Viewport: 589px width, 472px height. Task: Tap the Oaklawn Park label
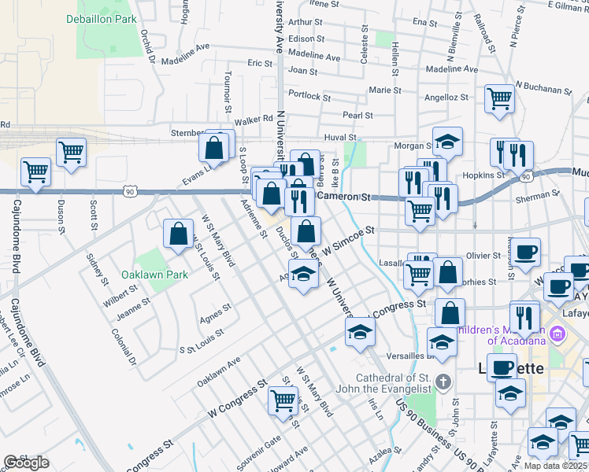(x=155, y=275)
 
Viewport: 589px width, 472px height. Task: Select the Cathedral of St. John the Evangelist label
(x=388, y=383)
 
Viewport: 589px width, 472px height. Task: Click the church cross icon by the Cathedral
(x=443, y=383)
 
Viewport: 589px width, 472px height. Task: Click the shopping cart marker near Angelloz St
(x=499, y=99)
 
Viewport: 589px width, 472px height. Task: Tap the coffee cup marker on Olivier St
(x=526, y=252)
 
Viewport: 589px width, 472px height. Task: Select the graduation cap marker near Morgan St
(x=447, y=142)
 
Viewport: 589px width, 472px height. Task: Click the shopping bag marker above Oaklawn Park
(x=178, y=233)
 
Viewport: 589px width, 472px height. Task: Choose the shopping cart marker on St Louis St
(x=283, y=400)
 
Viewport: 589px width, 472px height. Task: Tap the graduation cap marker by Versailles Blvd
(x=442, y=342)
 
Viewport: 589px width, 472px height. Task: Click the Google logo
(x=26, y=463)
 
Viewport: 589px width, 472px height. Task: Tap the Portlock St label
(x=309, y=96)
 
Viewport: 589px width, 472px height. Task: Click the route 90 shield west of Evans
(x=130, y=191)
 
